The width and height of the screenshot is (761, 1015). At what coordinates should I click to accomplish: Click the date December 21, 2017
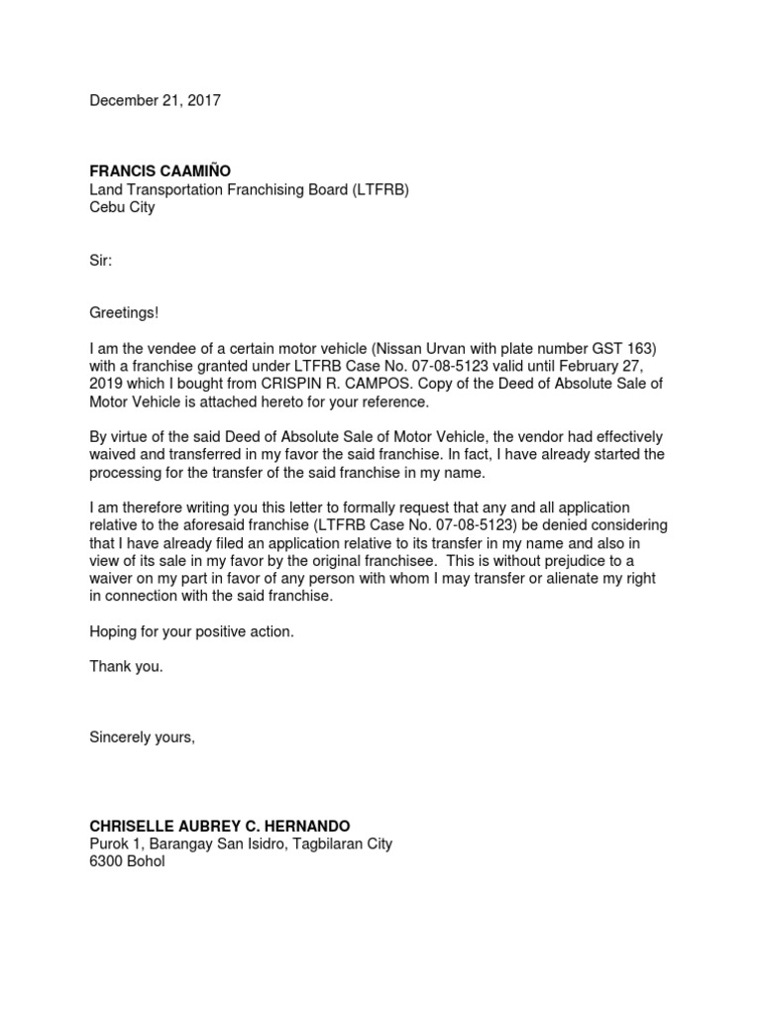156,100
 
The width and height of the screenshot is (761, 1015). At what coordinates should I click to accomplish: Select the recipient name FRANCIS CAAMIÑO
160,171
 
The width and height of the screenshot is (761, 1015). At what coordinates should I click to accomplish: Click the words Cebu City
122,208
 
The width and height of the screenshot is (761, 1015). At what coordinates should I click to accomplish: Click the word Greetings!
124,313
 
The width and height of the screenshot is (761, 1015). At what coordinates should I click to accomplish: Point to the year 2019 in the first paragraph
106,384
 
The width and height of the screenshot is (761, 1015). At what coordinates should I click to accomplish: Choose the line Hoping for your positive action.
192,631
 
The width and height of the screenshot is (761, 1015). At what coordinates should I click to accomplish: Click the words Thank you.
126,667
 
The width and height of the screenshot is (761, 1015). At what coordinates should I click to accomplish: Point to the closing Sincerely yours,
143,737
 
